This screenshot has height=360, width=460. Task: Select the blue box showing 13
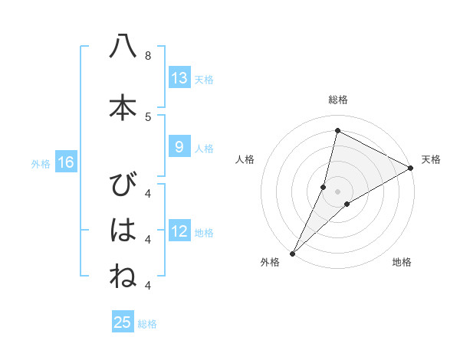[179, 77]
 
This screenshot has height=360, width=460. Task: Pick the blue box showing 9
[179, 147]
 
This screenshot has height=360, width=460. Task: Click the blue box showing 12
[179, 231]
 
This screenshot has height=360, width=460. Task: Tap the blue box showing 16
[65, 162]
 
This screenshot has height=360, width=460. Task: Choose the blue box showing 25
[123, 322]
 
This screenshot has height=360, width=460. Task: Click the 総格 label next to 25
[147, 324]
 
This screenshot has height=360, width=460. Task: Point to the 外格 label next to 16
[41, 163]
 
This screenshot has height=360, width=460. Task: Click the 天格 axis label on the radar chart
[431, 159]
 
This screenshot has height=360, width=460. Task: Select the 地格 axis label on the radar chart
[402, 262]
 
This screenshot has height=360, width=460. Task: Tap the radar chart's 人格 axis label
[245, 159]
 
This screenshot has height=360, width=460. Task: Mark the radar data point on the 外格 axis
[292, 252]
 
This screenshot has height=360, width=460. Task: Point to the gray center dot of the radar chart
[338, 191]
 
